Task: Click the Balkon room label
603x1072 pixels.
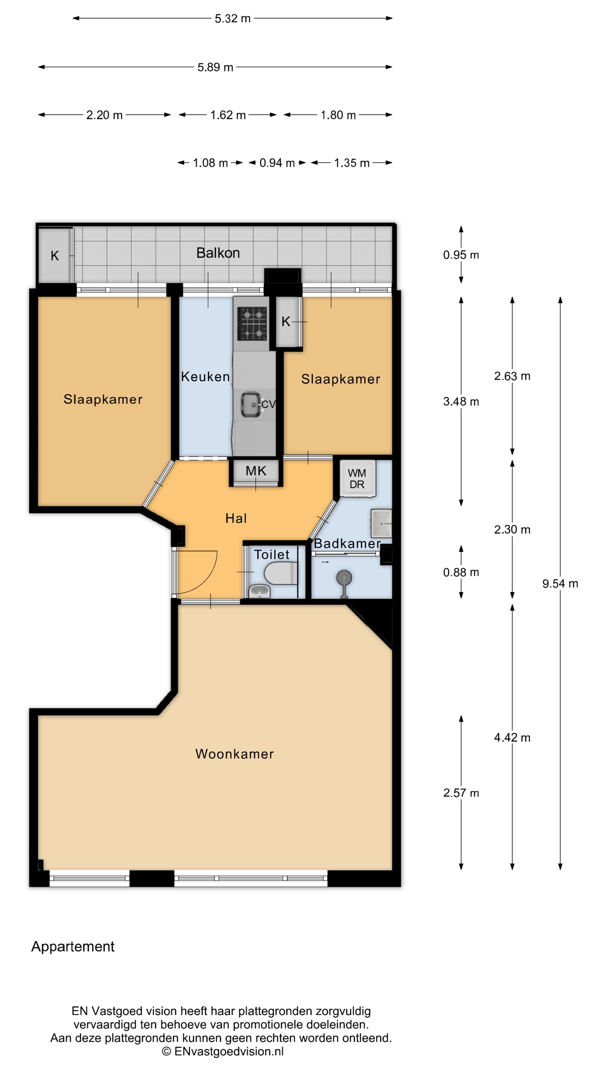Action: pos(218,253)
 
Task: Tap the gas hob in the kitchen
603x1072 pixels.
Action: pos(252,323)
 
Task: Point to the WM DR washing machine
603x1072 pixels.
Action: pos(357,478)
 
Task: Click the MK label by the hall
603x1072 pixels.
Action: pos(255,471)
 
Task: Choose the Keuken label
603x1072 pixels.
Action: pos(205,377)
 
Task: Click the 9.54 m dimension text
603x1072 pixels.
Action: pos(560,583)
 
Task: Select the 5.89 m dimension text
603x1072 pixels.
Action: pos(215,67)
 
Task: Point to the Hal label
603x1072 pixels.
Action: pos(236,518)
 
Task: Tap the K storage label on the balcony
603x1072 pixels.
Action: pos(54,256)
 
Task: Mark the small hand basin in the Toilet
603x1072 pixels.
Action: pos(259,590)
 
